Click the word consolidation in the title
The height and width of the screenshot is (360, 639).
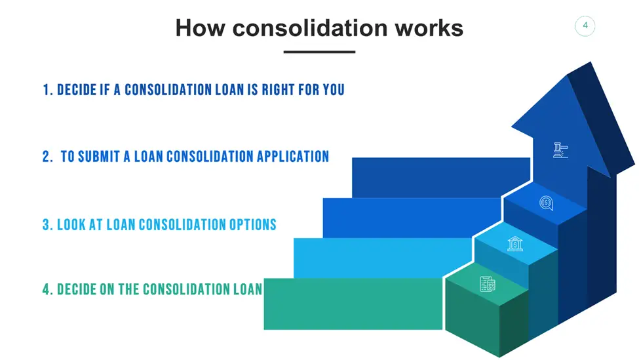pos(310,28)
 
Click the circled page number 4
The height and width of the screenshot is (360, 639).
pos(585,26)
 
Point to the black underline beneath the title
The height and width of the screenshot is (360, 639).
pos(320,52)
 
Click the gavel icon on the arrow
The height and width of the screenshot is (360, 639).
pos(561,150)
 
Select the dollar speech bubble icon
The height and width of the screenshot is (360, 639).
pos(546,203)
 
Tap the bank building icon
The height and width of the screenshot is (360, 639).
pos(515,243)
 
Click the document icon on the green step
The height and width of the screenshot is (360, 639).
pos(488,284)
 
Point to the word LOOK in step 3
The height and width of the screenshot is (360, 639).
pos(71,225)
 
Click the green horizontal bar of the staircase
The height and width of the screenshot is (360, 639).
pos(353,304)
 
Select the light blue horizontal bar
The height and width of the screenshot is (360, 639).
pos(382,258)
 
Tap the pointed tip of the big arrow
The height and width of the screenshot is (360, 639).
pos(591,62)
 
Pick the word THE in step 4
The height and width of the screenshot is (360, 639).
pos(128,289)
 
